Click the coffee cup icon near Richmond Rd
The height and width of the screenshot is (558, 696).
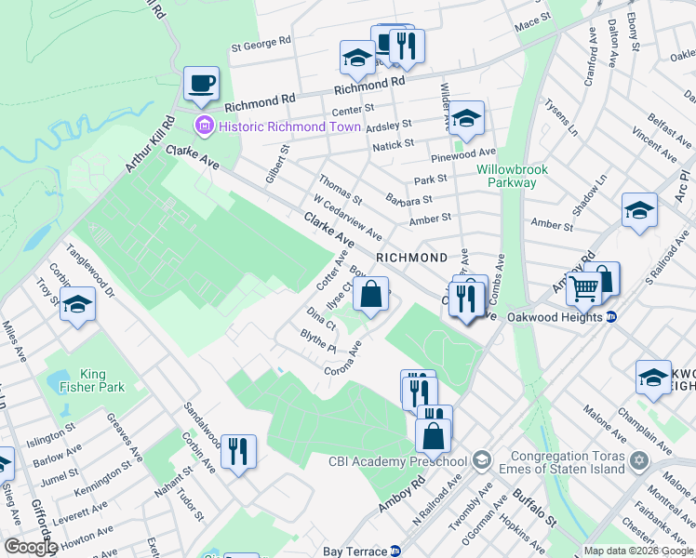201,85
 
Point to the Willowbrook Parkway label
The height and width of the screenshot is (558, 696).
513,176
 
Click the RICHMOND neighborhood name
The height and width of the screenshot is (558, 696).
411,257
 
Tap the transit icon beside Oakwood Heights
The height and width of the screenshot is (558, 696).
611,316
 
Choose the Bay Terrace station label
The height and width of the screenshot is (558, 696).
355,551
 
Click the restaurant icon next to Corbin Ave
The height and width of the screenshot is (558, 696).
238,453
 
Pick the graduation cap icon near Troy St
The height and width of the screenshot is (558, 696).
78,305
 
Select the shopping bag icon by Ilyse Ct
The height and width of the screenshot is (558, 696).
370,295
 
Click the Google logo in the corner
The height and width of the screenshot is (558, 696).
30,547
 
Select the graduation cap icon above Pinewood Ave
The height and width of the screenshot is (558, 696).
467,119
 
